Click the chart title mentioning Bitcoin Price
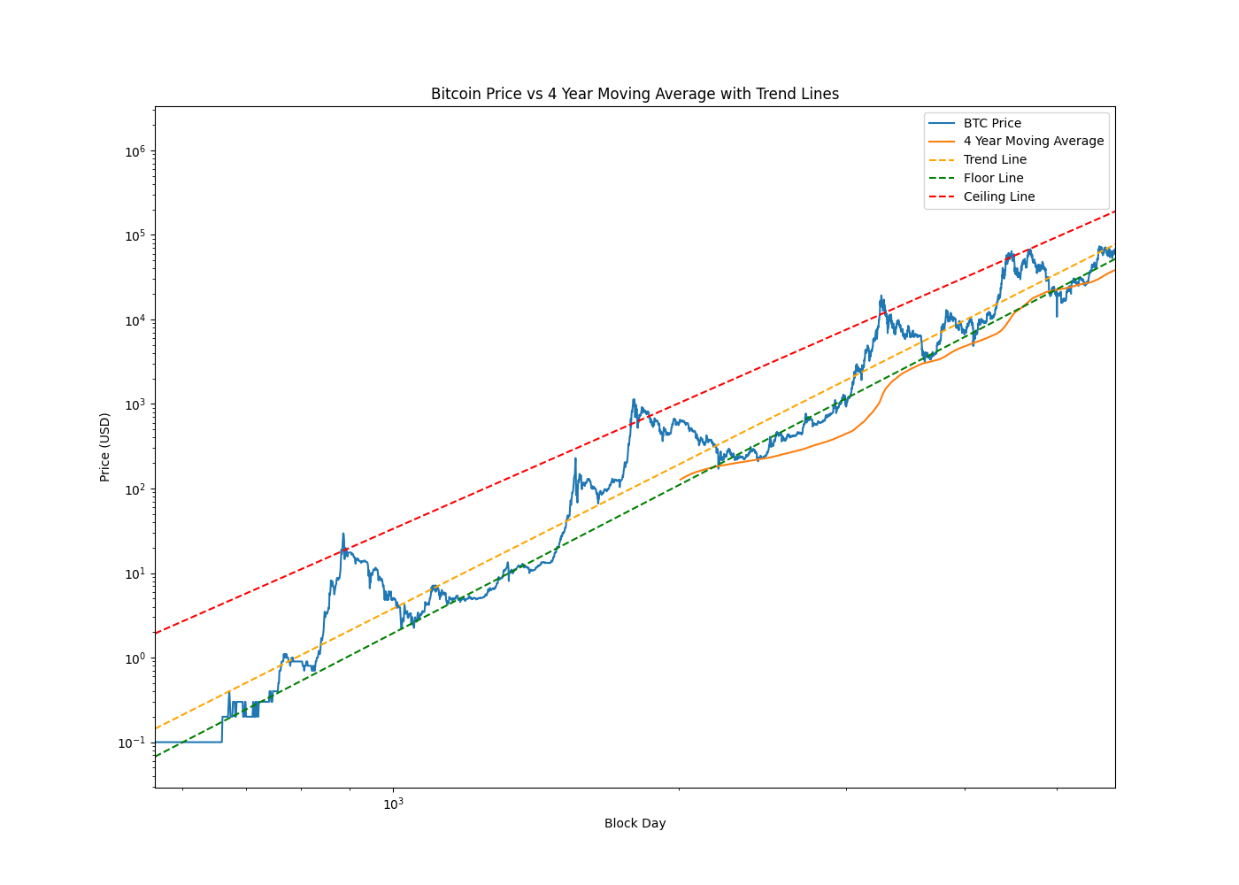tap(635, 94)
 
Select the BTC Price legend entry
tap(992, 123)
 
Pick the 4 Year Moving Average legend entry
tap(1034, 141)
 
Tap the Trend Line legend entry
tap(995, 159)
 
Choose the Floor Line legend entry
tap(993, 178)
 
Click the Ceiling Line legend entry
tap(998, 196)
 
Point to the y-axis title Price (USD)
tap(104, 447)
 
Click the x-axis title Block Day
tap(635, 823)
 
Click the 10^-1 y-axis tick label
tap(131, 743)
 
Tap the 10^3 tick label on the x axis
tap(393, 804)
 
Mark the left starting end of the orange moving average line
tap(681, 480)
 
